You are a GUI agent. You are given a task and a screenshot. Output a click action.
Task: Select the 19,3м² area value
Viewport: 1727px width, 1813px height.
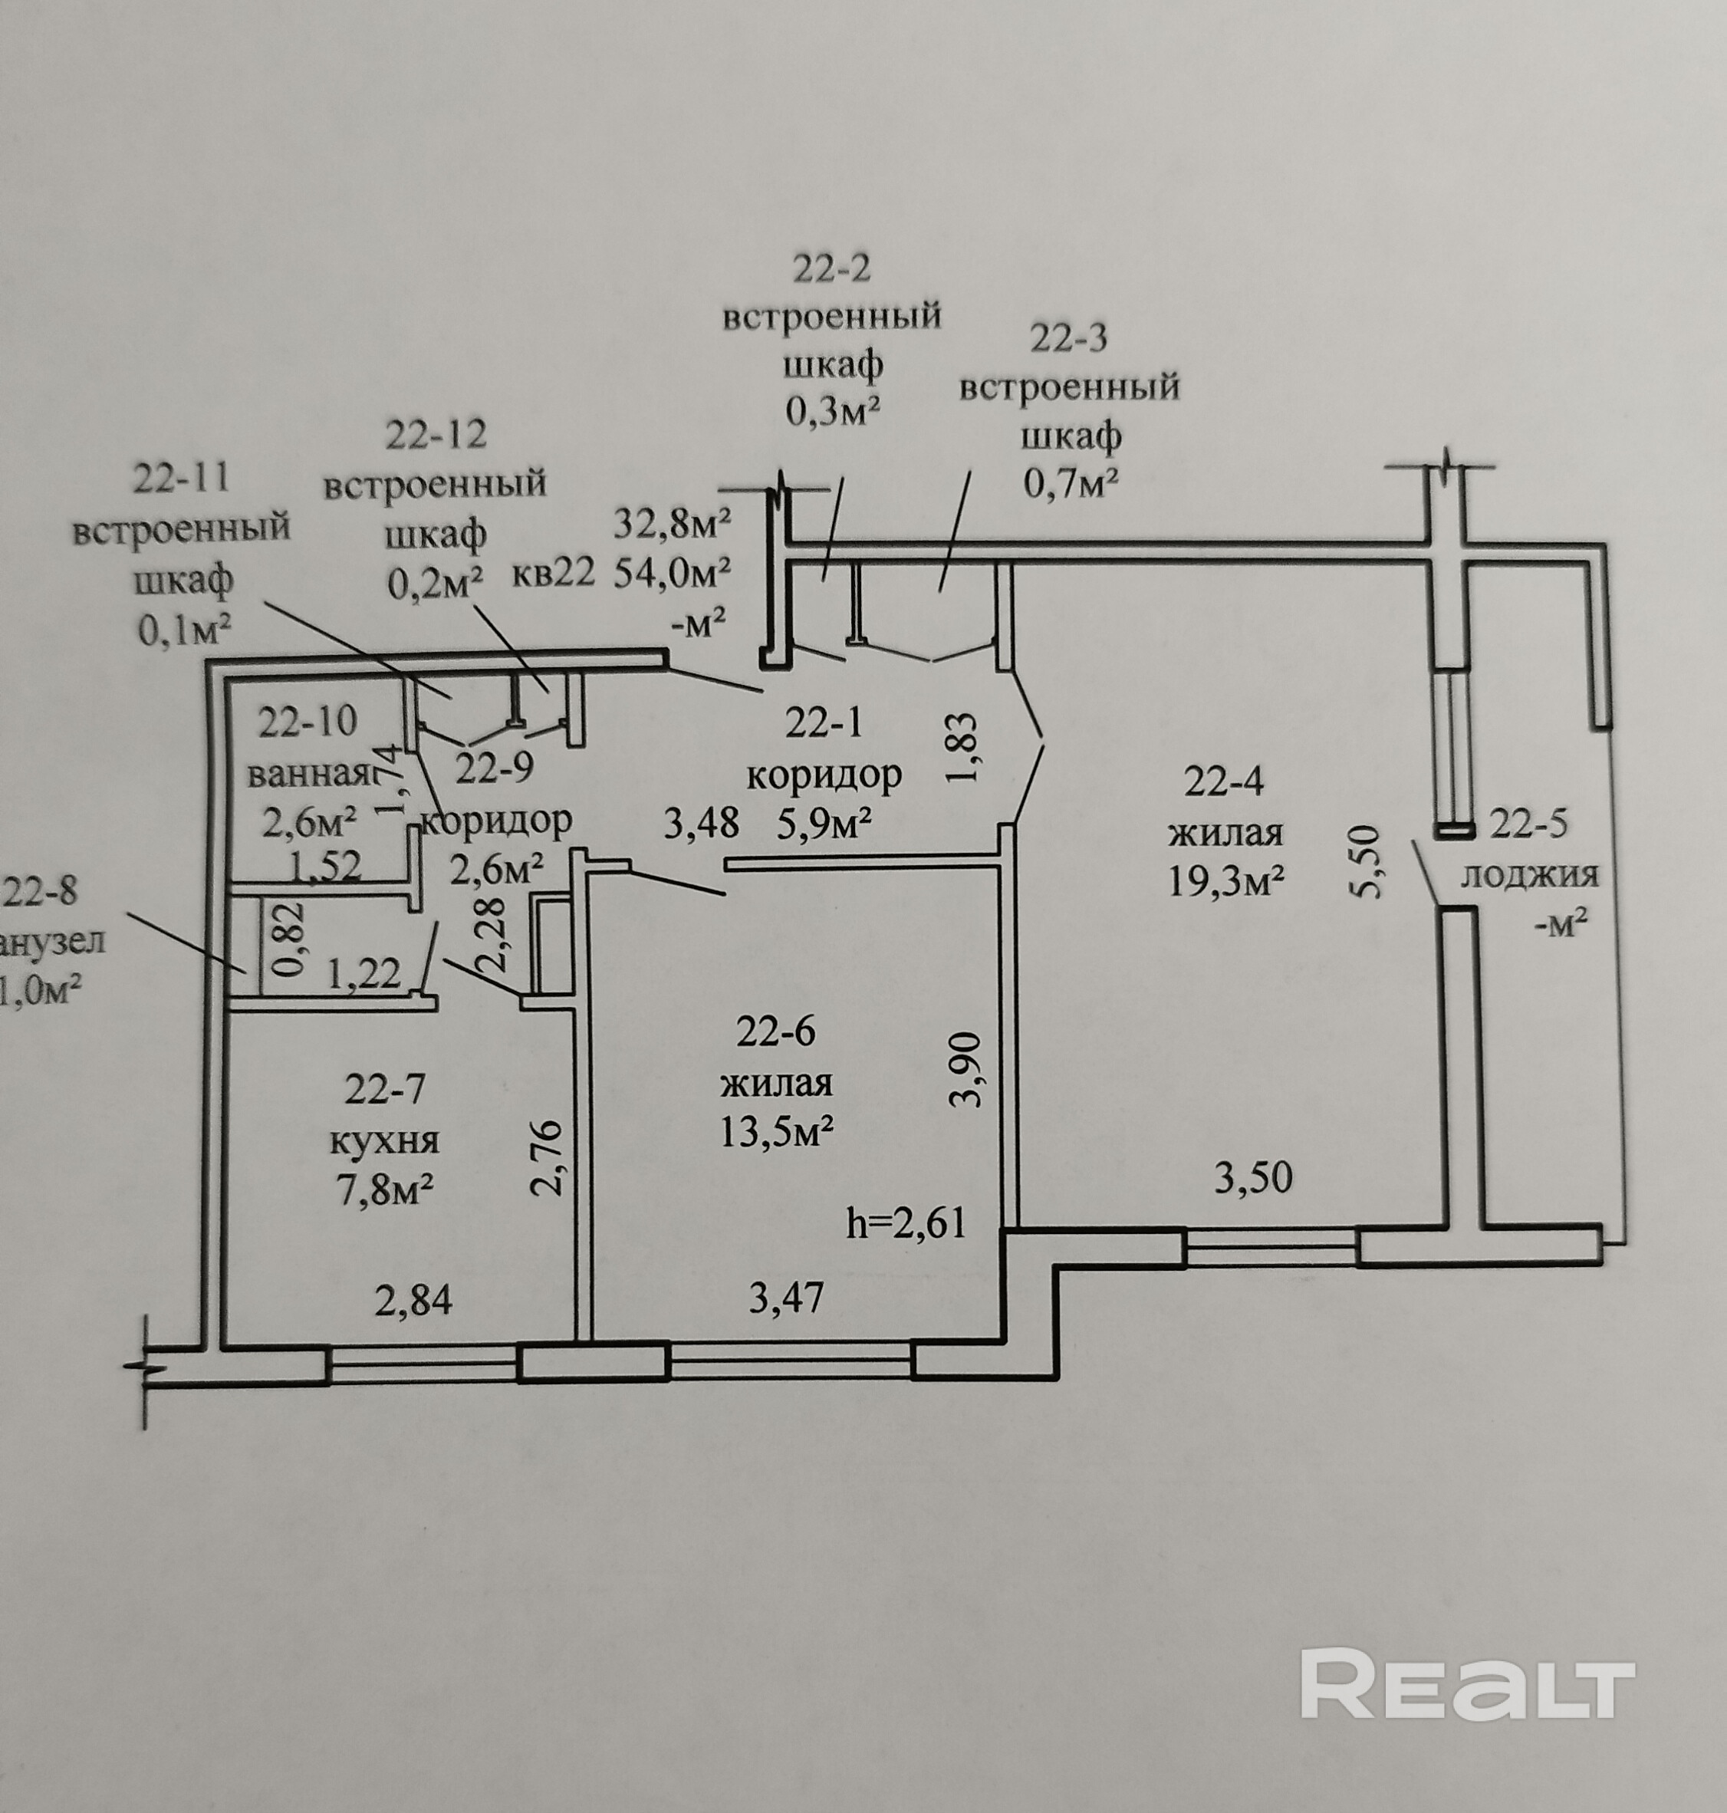(1226, 881)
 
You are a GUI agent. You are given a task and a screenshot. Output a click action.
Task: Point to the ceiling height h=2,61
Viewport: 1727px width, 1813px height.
(906, 1224)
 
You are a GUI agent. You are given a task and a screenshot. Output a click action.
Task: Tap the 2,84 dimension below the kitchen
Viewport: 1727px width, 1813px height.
(413, 1301)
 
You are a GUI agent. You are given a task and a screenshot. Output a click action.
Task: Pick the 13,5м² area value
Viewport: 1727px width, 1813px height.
(777, 1133)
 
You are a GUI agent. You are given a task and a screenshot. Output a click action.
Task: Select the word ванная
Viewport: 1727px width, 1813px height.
(307, 774)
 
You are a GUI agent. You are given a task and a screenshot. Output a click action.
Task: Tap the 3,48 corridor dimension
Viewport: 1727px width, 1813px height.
(702, 823)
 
